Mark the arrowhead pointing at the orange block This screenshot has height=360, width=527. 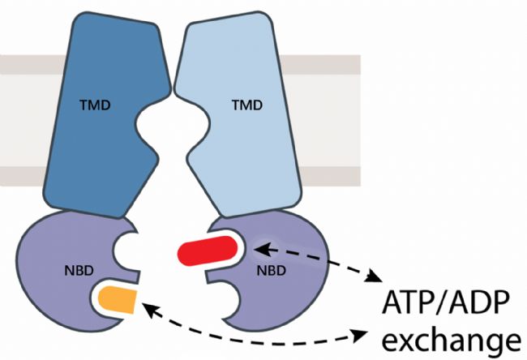pos(145,304)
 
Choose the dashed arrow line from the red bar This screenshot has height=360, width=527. pos(316,255)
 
